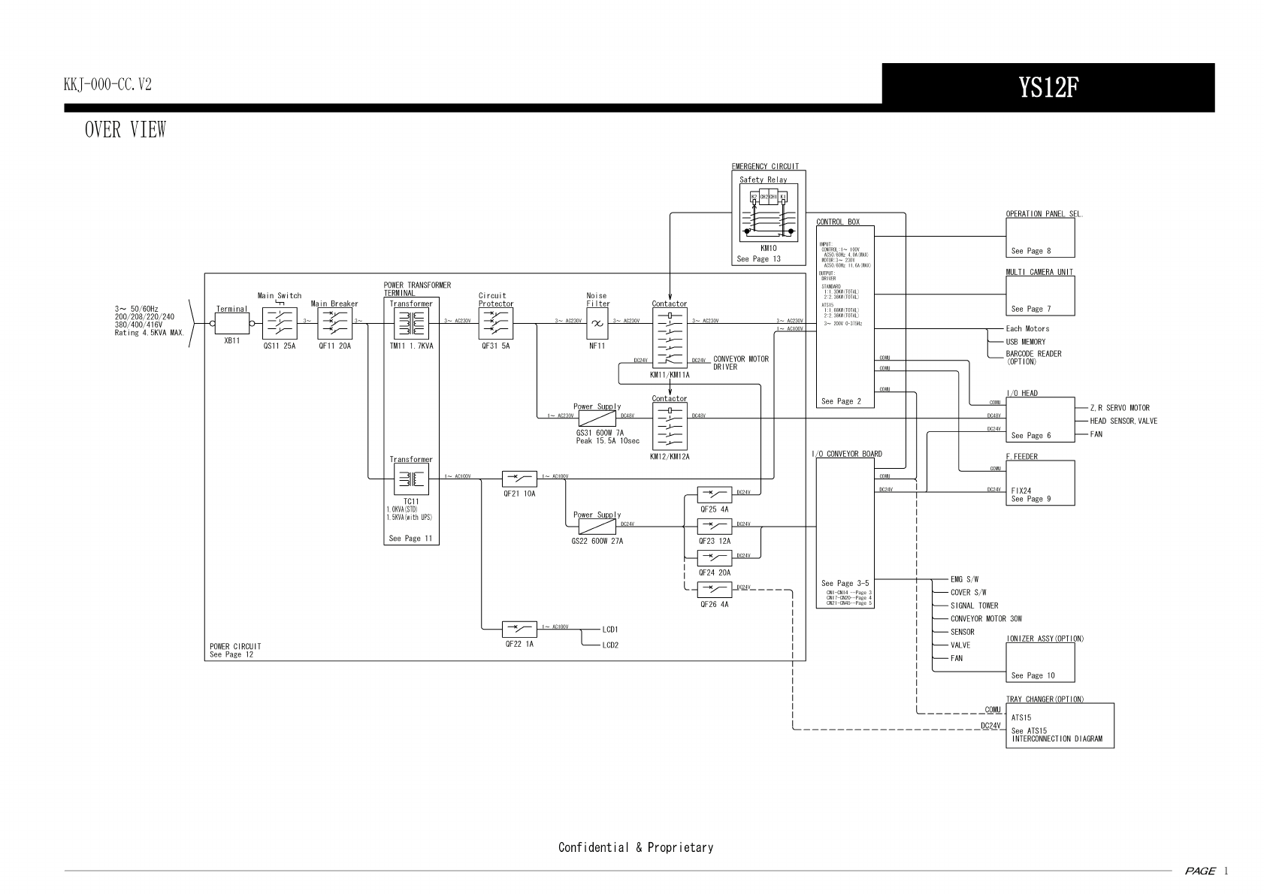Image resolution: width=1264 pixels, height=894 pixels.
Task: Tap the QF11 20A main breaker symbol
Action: [x=334, y=325]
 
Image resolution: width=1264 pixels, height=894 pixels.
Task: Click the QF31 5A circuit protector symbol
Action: [x=495, y=325]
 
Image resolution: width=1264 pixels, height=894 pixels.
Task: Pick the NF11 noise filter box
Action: [x=597, y=324]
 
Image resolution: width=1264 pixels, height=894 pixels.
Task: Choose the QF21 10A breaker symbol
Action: [x=519, y=479]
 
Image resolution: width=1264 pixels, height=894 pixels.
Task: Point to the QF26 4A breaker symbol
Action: [x=714, y=590]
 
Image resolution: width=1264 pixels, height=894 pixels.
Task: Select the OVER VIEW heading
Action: [x=125, y=130]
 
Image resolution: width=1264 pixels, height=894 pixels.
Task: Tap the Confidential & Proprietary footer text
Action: [x=635, y=847]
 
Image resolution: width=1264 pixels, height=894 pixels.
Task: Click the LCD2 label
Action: [x=610, y=645]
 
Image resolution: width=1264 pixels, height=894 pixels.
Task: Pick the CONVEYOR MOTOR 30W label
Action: [x=986, y=619]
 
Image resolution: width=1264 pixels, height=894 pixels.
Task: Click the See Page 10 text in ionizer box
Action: [x=1033, y=675]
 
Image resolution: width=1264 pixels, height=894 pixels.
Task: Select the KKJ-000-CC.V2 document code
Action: [x=107, y=85]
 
